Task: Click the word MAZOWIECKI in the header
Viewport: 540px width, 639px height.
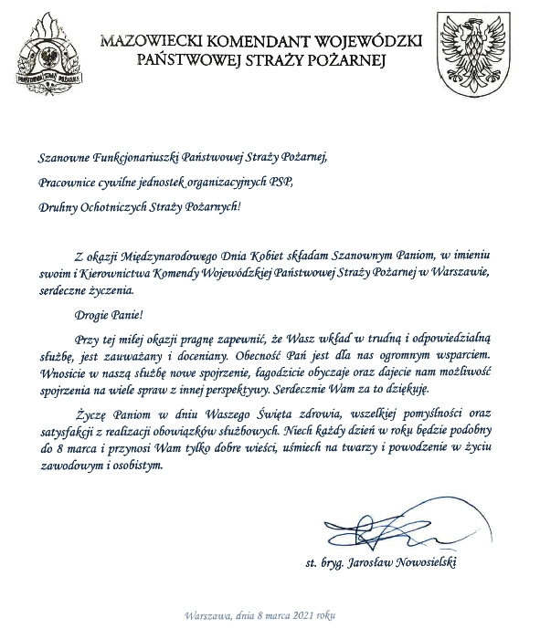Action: coord(158,41)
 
